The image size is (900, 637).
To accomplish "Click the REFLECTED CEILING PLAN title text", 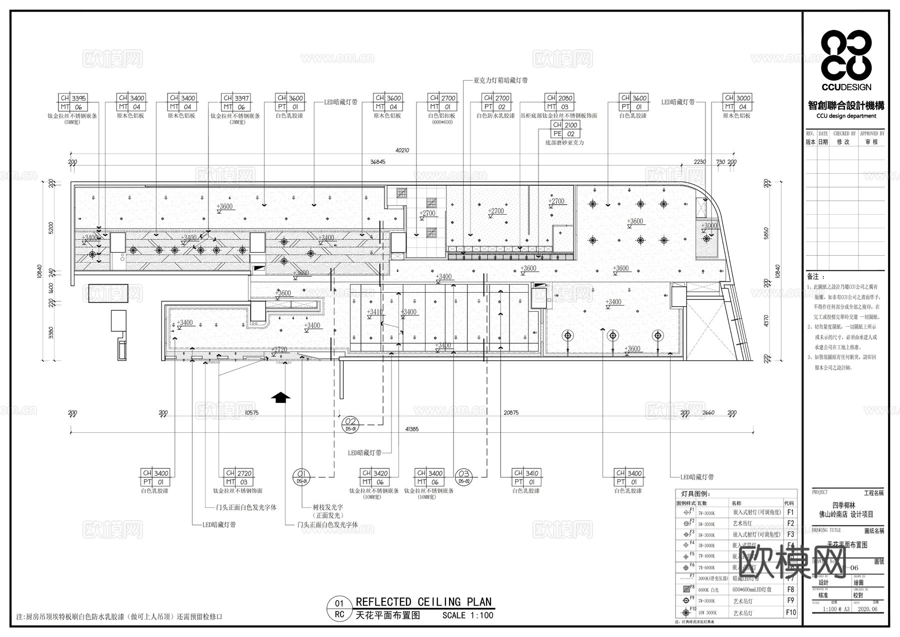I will (423, 602).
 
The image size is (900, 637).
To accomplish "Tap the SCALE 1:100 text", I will (467, 615).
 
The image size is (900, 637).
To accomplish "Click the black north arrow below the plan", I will (280, 397).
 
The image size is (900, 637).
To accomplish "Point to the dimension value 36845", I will (377, 162).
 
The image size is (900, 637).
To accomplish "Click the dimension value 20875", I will (511, 413).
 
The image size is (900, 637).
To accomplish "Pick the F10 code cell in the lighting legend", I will (790, 612).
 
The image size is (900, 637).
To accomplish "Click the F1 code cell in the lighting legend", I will (790, 512).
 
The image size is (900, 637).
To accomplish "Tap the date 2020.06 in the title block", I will (867, 609).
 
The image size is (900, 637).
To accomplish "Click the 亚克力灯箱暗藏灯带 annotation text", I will (500, 80).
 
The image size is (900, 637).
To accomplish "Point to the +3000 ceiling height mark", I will (709, 226).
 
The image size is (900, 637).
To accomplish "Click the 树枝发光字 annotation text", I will (328, 507).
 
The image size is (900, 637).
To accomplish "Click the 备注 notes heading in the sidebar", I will (813, 277).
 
